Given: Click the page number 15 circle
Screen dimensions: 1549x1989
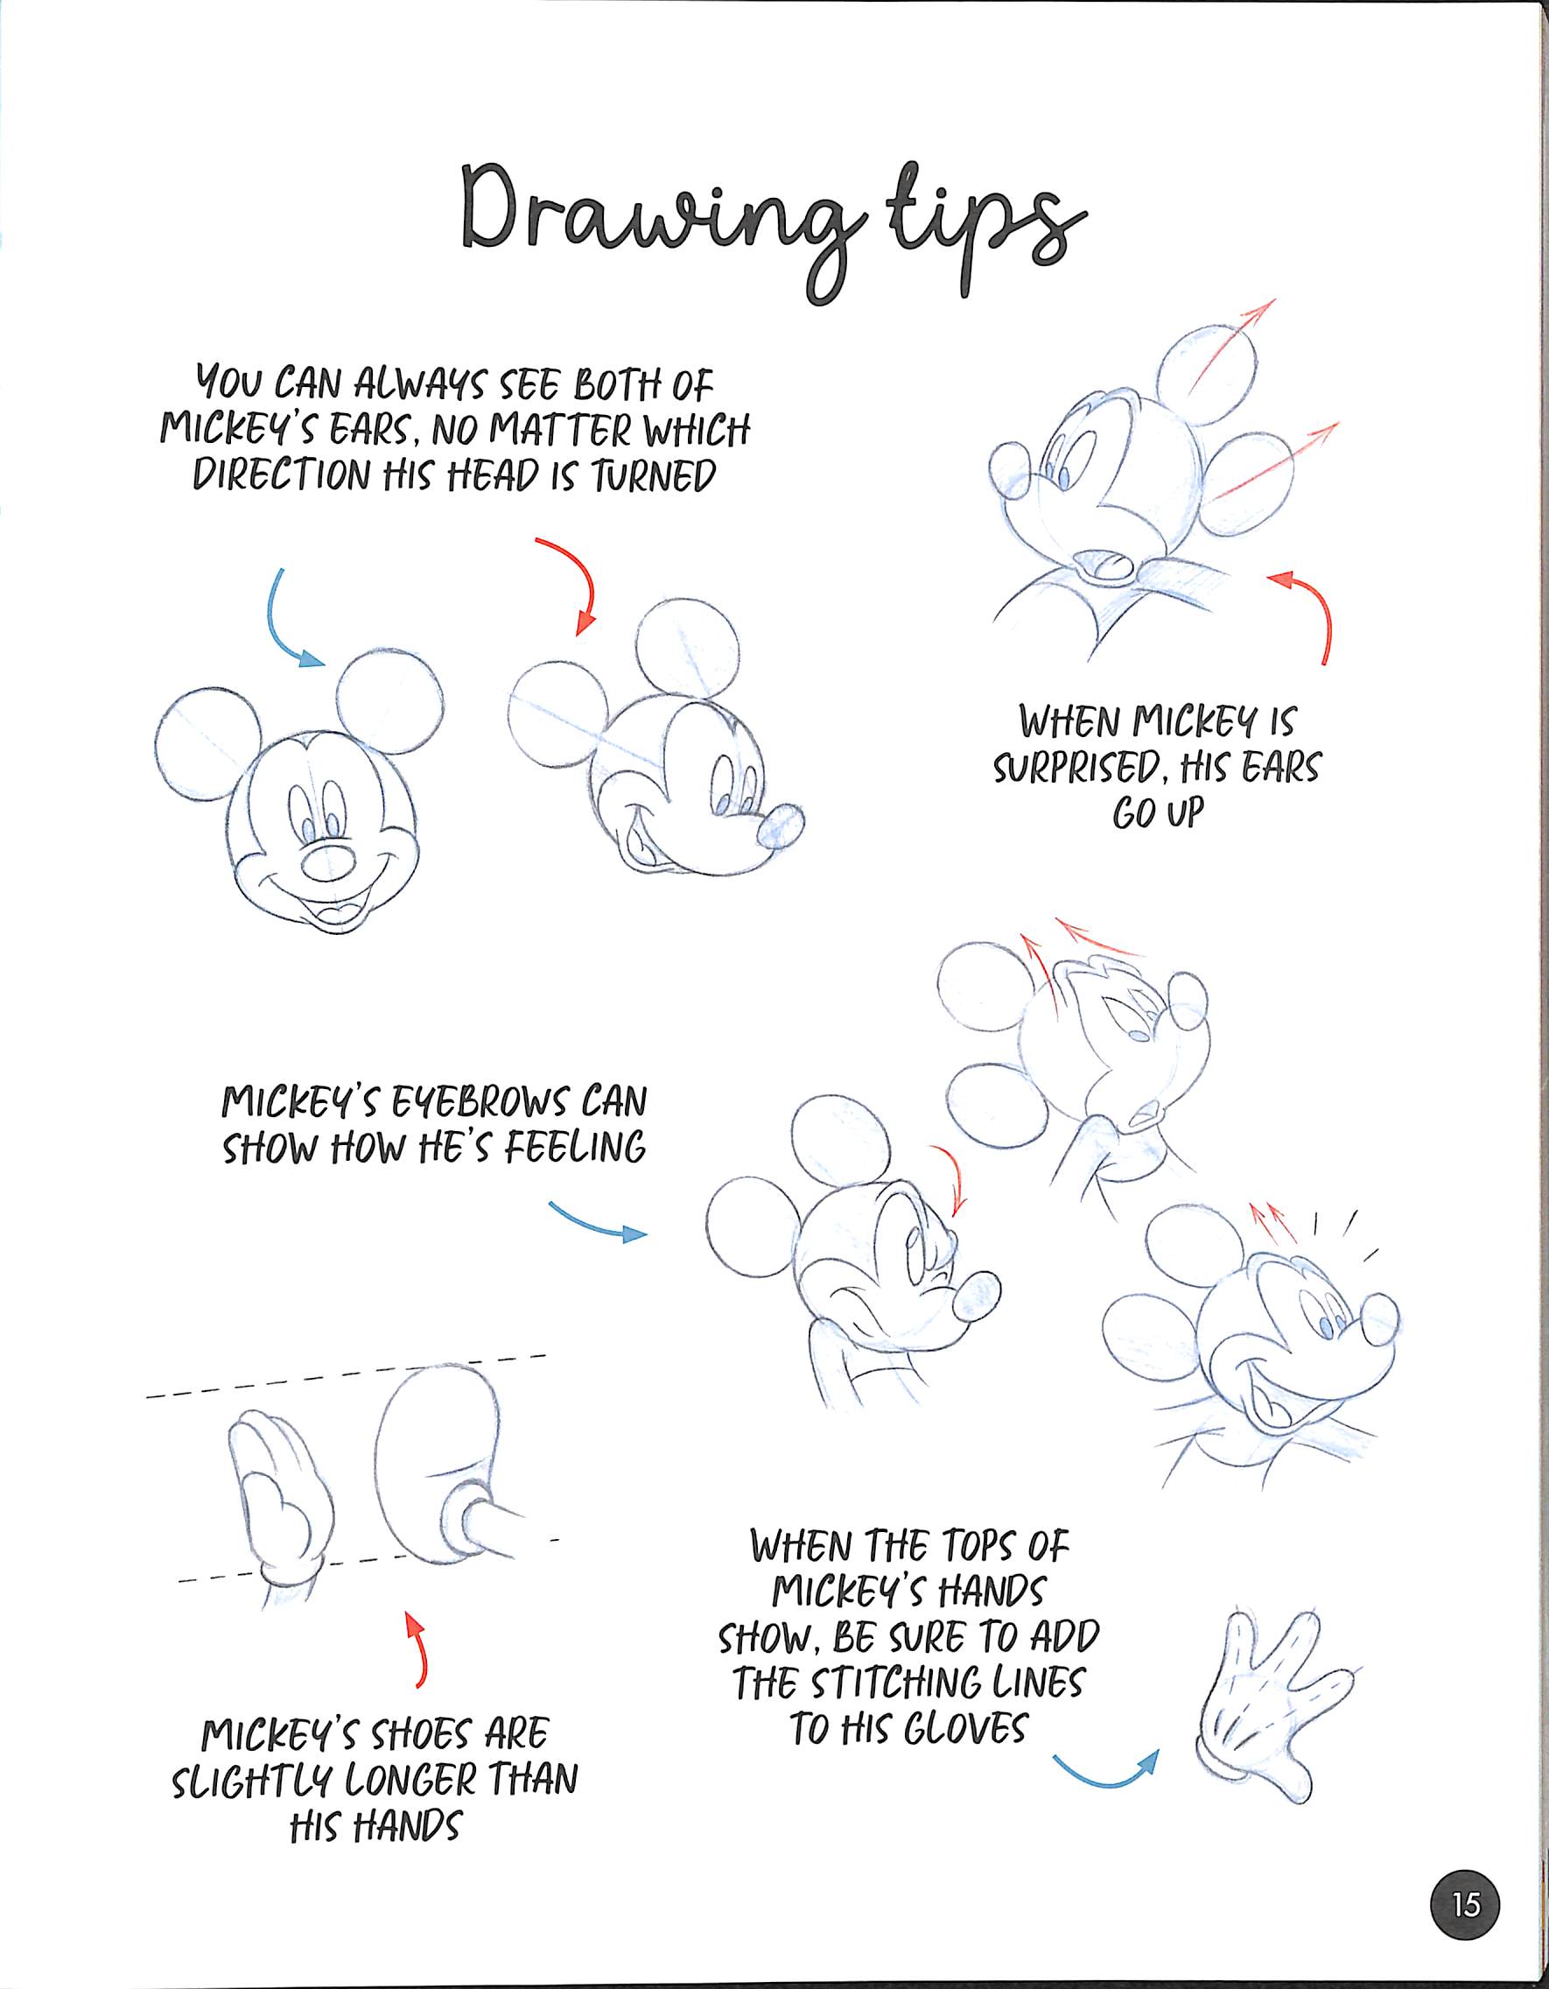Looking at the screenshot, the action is tap(1466, 1904).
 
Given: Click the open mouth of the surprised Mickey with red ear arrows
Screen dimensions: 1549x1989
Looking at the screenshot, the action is tap(1110, 566).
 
